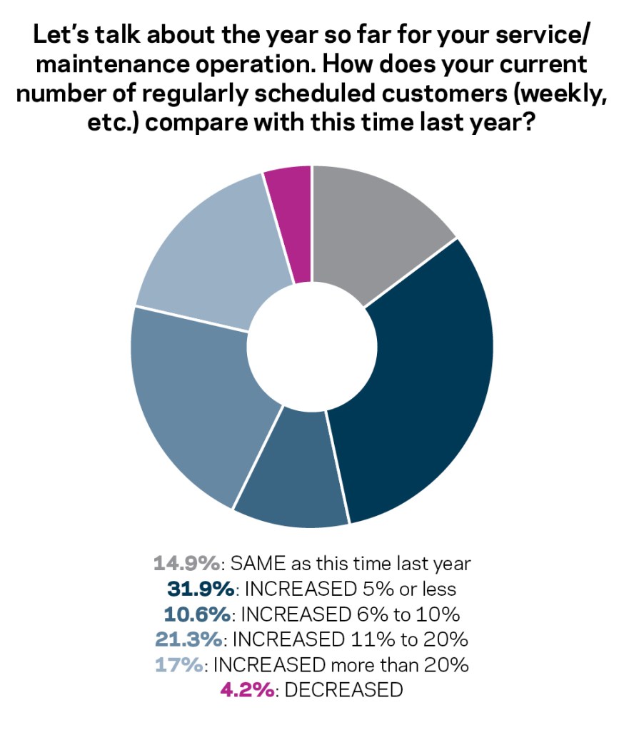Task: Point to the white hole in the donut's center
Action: [312, 347]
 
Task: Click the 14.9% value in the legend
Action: [186, 564]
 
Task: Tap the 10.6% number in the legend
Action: [192, 615]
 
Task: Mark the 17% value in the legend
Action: [179, 665]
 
